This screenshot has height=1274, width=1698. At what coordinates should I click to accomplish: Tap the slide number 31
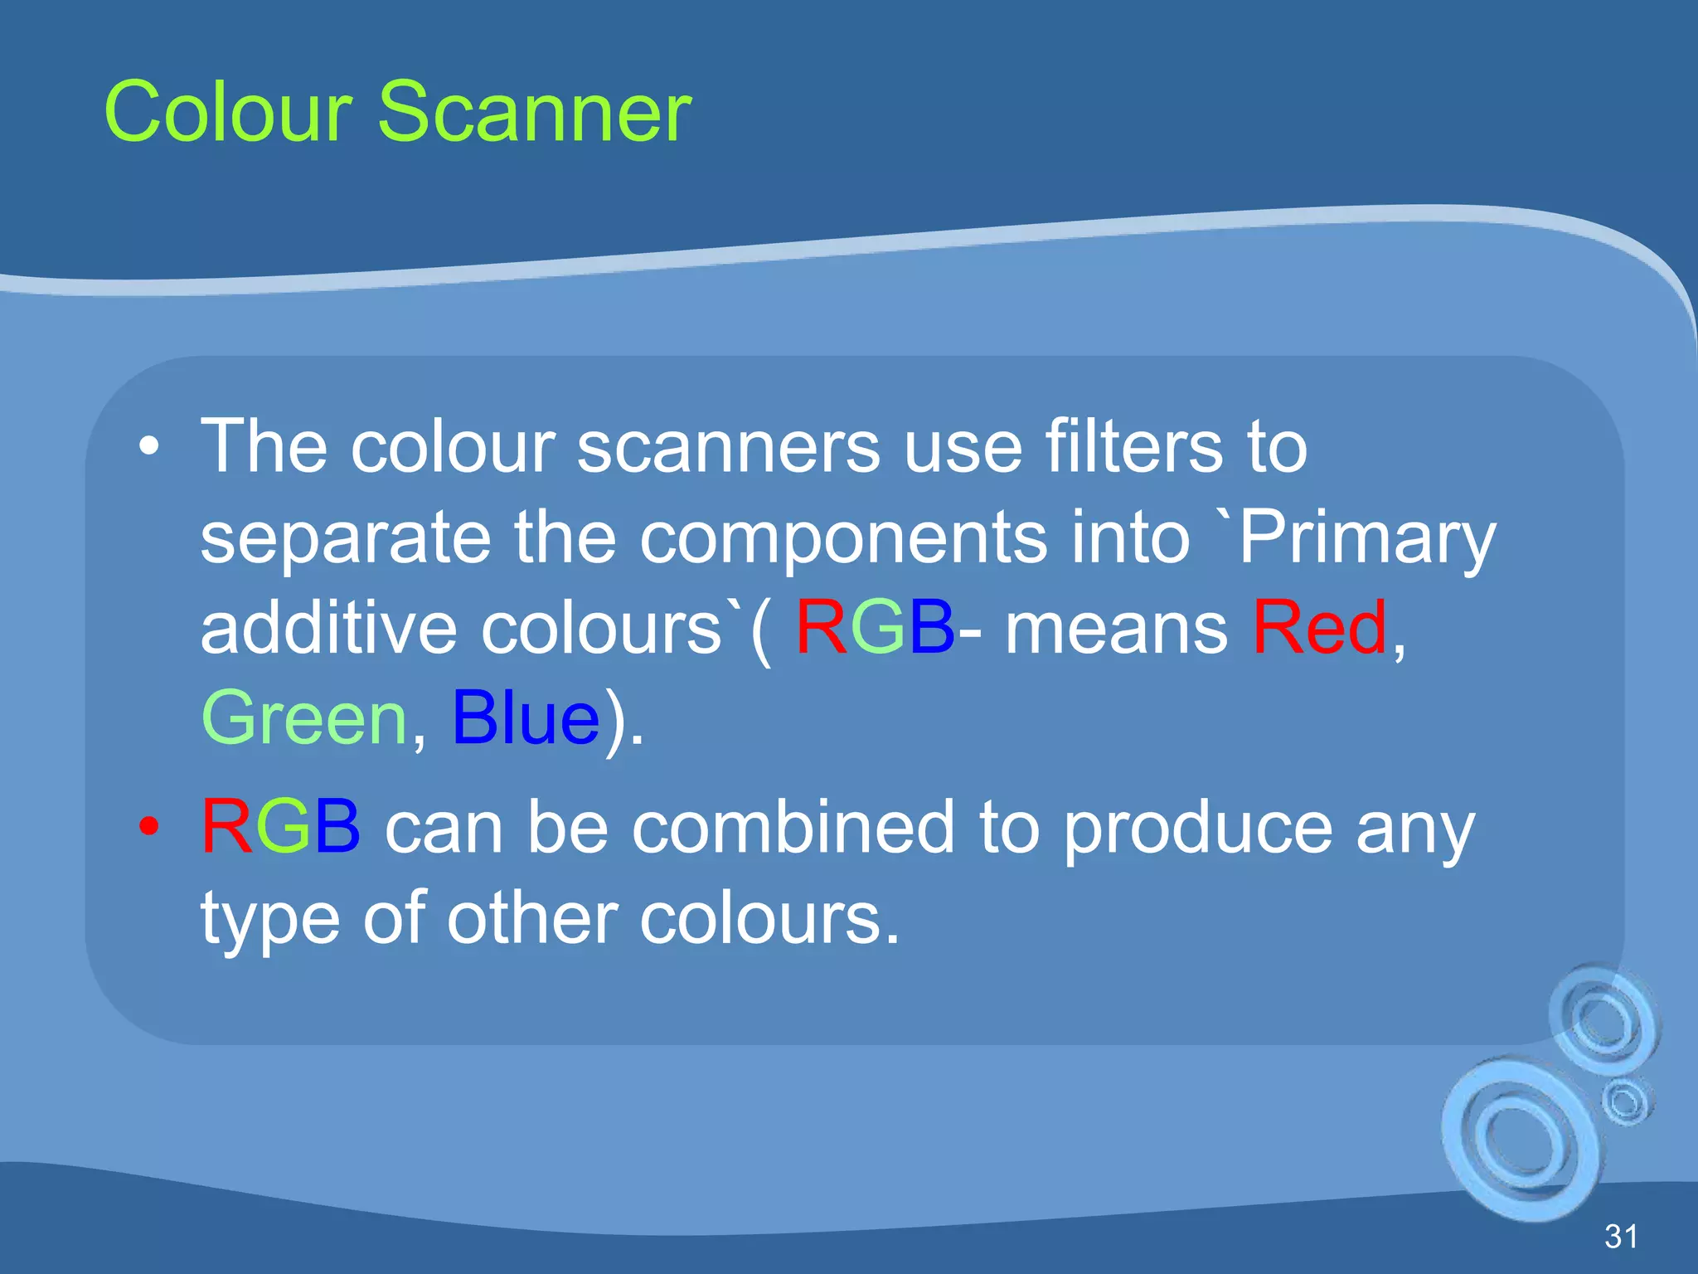pos(1621,1237)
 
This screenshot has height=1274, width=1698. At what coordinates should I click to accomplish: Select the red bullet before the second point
pos(149,826)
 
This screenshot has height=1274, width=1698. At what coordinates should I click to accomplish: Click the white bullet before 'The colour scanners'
pos(149,447)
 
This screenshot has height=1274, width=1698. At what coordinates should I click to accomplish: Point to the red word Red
pos(1319,627)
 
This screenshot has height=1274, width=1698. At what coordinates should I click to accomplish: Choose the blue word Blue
pos(526,717)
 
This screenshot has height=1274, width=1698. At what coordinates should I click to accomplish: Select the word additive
pos(328,627)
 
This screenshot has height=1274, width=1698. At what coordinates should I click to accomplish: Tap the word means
pos(1116,629)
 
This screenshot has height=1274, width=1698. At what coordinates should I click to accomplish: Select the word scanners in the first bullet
pos(728,447)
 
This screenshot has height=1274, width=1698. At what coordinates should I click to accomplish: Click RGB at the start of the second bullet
pos(281,826)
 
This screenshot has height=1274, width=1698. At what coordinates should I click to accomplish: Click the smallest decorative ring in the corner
pos(1626,1101)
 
